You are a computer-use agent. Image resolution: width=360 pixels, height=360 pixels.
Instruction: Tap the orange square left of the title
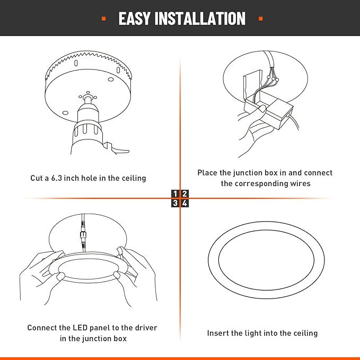[x=103, y=19]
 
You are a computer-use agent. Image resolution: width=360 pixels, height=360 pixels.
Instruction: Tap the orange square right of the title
[x=260, y=19]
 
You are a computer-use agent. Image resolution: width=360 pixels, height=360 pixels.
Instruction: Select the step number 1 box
[x=175, y=194]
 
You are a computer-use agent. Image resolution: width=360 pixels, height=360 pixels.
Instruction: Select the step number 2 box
[x=185, y=194]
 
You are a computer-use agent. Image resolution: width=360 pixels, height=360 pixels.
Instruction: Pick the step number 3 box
[x=175, y=203]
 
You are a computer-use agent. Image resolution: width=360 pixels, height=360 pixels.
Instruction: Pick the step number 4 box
[x=185, y=203]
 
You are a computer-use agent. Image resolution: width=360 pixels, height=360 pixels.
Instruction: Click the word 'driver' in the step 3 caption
[x=145, y=328]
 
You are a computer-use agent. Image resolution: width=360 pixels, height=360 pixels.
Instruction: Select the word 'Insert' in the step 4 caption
[x=218, y=333]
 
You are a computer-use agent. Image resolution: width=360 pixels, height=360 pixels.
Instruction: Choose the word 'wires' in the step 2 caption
[x=299, y=183]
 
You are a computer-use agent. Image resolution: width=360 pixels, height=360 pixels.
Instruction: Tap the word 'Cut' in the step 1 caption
[x=37, y=178]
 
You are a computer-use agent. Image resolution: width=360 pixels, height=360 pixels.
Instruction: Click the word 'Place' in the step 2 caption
[x=208, y=173]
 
